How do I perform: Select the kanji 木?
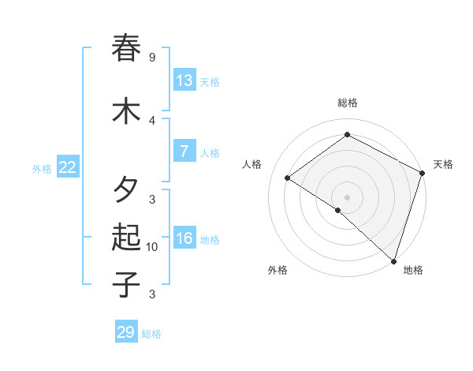126,111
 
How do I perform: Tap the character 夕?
126,190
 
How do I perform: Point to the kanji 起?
126,237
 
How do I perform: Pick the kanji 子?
126,283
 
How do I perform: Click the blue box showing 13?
184,81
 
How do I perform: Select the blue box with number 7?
184,152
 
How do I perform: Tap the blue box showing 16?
184,238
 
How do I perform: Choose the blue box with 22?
68,167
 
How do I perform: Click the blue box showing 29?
126,332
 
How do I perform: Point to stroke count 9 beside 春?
151,58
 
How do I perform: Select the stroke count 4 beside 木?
152,121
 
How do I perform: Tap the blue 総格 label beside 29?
151,334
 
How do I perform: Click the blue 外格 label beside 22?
42,168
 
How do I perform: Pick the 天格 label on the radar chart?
443,164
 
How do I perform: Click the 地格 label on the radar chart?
413,270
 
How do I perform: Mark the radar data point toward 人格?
288,178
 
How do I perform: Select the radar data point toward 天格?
423,174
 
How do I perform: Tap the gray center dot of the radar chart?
347,197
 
